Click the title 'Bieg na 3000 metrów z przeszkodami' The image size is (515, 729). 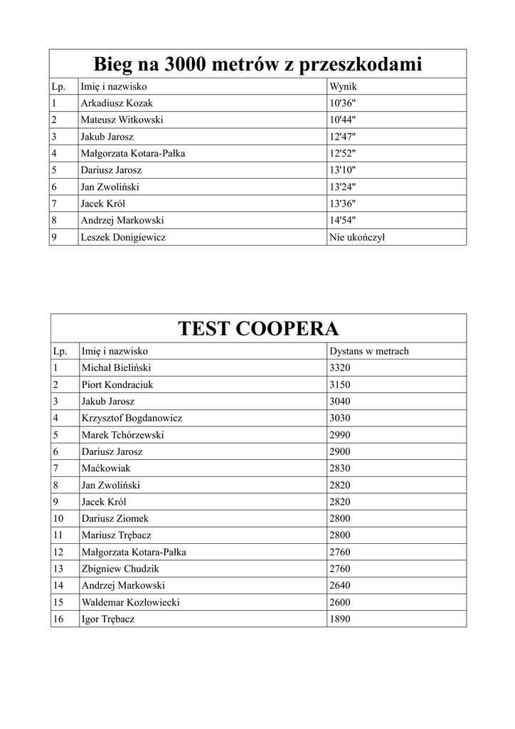point(257,65)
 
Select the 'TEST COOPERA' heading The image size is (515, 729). point(257,329)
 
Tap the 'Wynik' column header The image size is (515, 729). point(342,87)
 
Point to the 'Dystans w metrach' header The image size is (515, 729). point(368,351)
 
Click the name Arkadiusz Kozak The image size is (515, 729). point(117,103)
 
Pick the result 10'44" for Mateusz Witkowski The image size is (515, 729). point(343,120)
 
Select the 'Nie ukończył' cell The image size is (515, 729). point(357,237)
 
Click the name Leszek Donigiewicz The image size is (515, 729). point(123,237)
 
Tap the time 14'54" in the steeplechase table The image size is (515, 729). point(343,220)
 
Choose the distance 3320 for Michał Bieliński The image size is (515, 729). point(340,367)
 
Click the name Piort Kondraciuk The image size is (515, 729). point(117,384)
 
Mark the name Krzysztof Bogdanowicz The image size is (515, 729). point(132,418)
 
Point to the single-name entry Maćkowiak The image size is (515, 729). point(106,468)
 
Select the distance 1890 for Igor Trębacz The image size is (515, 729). point(340,619)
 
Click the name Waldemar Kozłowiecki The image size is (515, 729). point(130,602)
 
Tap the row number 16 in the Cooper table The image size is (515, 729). point(58,619)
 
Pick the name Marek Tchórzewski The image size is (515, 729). point(122,434)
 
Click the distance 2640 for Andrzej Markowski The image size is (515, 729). point(340,585)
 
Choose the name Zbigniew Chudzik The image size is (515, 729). point(120,568)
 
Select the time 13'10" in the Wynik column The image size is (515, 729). point(343,170)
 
